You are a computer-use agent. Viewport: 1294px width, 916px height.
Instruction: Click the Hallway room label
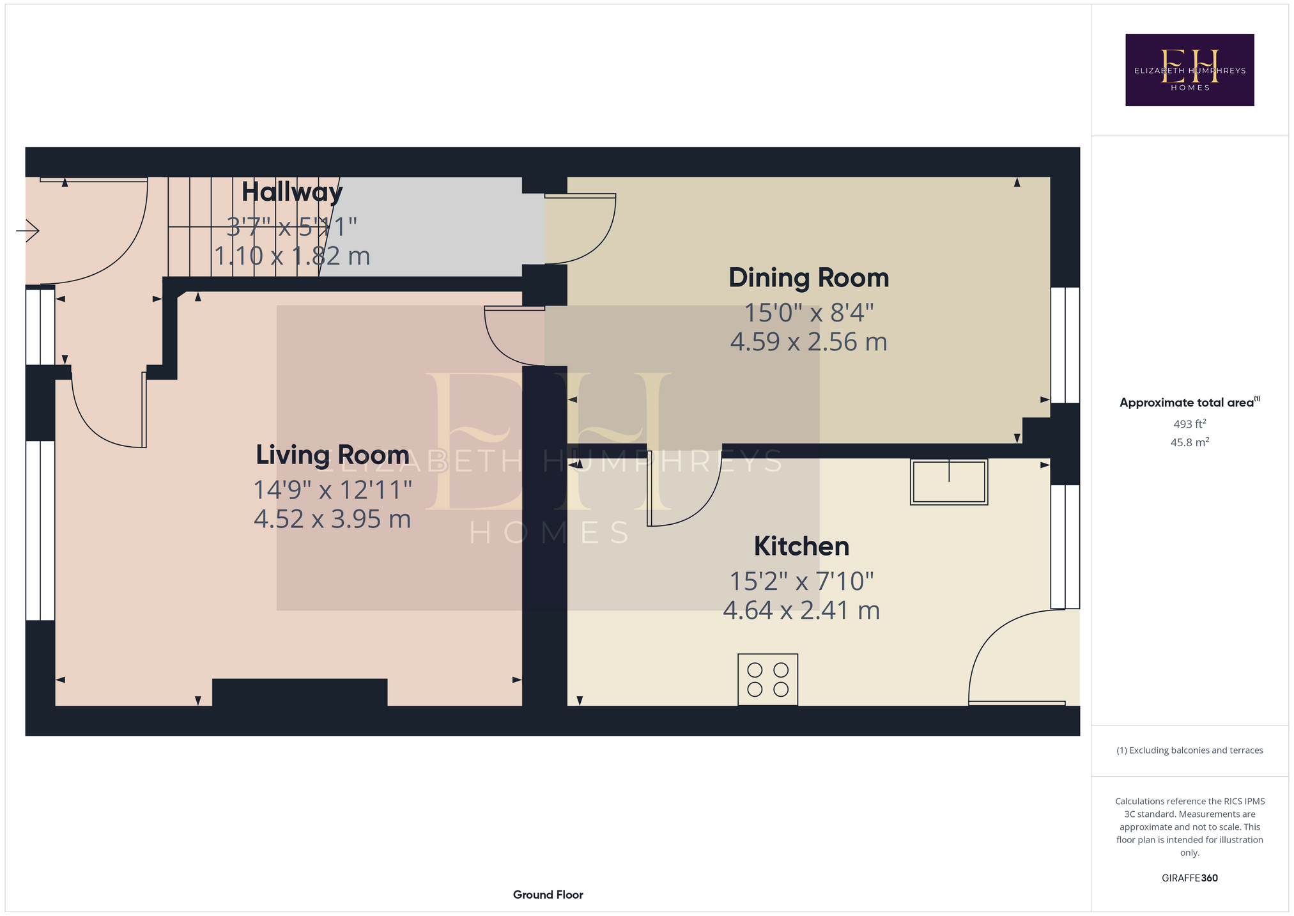click(x=292, y=192)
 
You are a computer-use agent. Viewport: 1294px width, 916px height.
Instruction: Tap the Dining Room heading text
click(x=809, y=278)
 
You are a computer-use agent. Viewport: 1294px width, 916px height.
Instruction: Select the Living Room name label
click(x=332, y=455)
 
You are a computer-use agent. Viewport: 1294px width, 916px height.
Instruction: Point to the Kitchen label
click(x=802, y=547)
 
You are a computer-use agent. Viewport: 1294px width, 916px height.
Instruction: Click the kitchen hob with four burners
click(x=767, y=679)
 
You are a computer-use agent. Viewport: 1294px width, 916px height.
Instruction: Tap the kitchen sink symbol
click(x=949, y=482)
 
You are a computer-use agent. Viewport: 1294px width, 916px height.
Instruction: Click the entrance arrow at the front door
click(x=27, y=230)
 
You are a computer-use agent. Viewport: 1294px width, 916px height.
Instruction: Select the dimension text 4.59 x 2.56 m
click(x=809, y=342)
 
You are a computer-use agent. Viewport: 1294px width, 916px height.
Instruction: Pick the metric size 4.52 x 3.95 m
click(x=332, y=519)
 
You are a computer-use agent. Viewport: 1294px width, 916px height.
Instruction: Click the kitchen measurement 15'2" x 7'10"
click(x=802, y=582)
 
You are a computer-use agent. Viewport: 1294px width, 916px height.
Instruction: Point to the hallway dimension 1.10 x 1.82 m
click(x=292, y=256)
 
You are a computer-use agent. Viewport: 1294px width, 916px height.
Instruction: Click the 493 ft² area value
click(x=1190, y=424)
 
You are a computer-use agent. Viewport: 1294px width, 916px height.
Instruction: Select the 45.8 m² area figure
click(x=1190, y=442)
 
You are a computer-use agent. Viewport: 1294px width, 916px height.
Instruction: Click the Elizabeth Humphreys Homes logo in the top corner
click(x=1190, y=70)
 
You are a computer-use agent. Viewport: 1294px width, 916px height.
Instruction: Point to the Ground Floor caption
click(x=548, y=895)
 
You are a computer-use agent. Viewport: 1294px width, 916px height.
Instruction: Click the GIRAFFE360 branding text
click(x=1190, y=878)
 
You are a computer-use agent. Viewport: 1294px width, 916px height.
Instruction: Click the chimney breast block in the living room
click(x=300, y=692)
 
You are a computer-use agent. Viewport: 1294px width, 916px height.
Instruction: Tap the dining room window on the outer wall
click(x=1065, y=345)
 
